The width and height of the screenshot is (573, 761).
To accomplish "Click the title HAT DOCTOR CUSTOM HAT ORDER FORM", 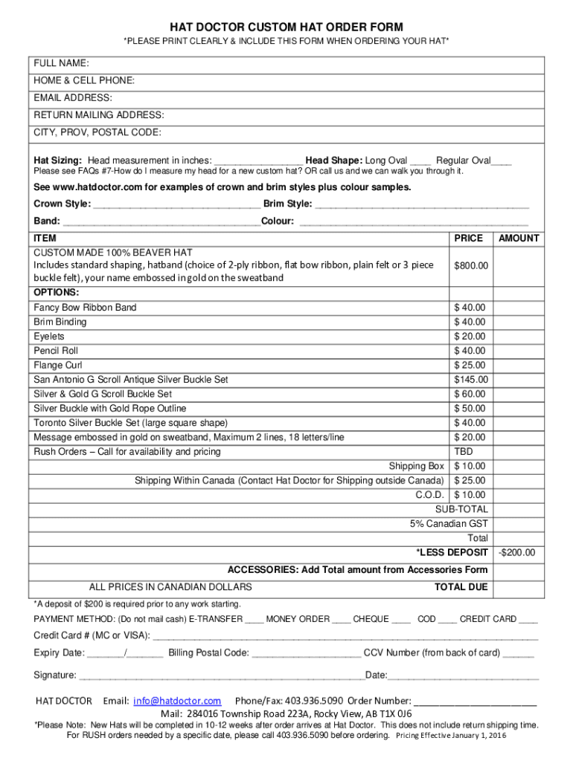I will (x=286, y=27).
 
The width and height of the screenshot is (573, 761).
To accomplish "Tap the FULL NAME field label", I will (x=61, y=63).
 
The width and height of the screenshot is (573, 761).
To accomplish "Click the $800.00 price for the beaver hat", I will (x=471, y=265).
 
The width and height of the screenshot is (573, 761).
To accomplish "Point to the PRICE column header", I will (x=469, y=239).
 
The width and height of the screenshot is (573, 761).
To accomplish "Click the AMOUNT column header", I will (x=519, y=239).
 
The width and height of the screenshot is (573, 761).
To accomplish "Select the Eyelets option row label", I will (x=49, y=337).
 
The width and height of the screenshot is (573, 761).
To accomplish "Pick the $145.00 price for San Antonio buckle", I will (x=471, y=380).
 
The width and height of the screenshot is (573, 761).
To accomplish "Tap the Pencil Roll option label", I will (x=56, y=351).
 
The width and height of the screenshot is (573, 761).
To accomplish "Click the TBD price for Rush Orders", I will (x=464, y=452).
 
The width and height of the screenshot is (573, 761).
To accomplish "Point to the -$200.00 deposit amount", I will (x=516, y=553).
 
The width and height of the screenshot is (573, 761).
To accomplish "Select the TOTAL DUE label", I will (x=461, y=588).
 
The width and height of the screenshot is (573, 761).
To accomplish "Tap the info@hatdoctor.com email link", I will (x=177, y=701).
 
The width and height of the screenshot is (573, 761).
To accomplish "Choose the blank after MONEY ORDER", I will (x=342, y=620).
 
